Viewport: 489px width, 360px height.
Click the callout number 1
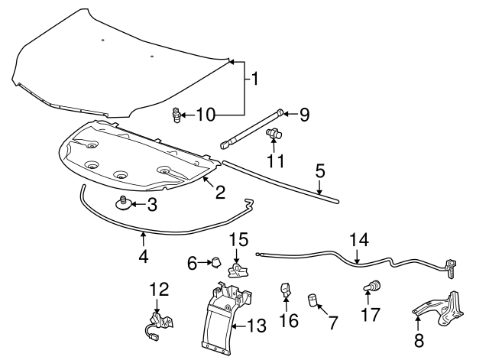coord(254,78)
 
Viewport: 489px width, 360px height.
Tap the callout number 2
coord(220,192)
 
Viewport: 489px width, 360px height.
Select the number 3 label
coord(151,204)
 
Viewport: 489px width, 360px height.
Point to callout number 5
coord(320,171)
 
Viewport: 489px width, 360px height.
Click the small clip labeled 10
coord(176,116)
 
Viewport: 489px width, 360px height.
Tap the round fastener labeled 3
coord(123,203)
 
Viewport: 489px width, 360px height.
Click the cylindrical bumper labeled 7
coord(313,298)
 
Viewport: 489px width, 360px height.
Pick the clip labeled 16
coord(286,291)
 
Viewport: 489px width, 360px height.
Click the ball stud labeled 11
coord(273,135)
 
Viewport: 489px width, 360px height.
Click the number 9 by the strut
coord(303,115)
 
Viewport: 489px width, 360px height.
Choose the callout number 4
coord(144,258)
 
